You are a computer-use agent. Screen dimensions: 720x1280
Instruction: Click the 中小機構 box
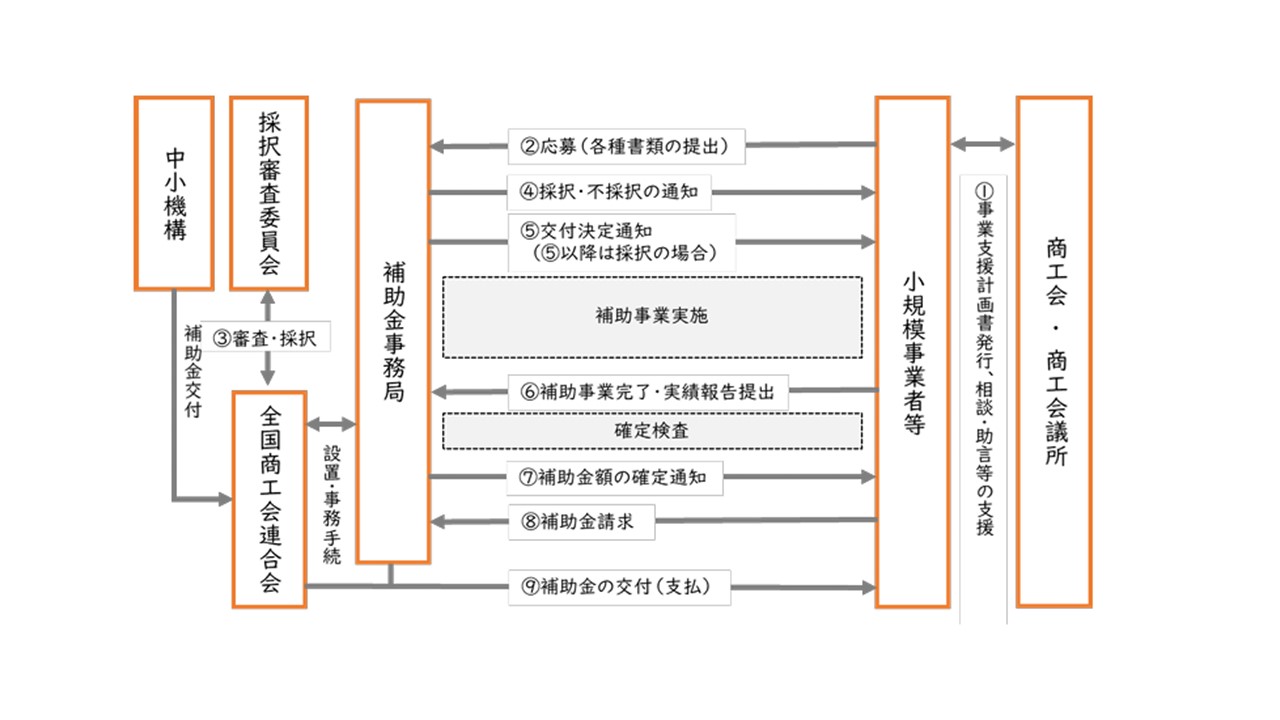pos(174,193)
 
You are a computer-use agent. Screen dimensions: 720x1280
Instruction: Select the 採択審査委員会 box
pos(269,193)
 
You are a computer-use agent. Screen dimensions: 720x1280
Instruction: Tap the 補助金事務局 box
pos(393,331)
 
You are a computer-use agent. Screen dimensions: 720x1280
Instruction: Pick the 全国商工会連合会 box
pos(269,499)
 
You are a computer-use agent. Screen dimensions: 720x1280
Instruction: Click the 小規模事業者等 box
pos(912,352)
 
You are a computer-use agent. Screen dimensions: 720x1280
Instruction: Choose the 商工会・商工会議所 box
pos(1053,352)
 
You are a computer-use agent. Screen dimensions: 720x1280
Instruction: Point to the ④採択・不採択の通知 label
pos(609,190)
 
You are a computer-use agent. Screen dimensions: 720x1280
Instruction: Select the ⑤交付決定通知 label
pos(621,241)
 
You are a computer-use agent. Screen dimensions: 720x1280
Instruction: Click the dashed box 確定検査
pos(652,431)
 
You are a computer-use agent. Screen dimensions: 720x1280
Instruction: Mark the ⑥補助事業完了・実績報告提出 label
pos(648,391)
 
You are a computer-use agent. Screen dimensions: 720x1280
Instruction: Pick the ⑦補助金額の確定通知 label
pos(615,478)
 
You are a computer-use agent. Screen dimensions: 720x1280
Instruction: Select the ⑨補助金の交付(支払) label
pos(618,587)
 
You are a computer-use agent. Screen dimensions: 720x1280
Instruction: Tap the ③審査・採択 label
pos(266,339)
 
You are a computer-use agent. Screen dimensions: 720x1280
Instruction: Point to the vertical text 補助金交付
pos(192,370)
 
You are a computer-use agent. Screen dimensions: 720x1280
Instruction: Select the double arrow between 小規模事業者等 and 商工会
pos(983,144)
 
